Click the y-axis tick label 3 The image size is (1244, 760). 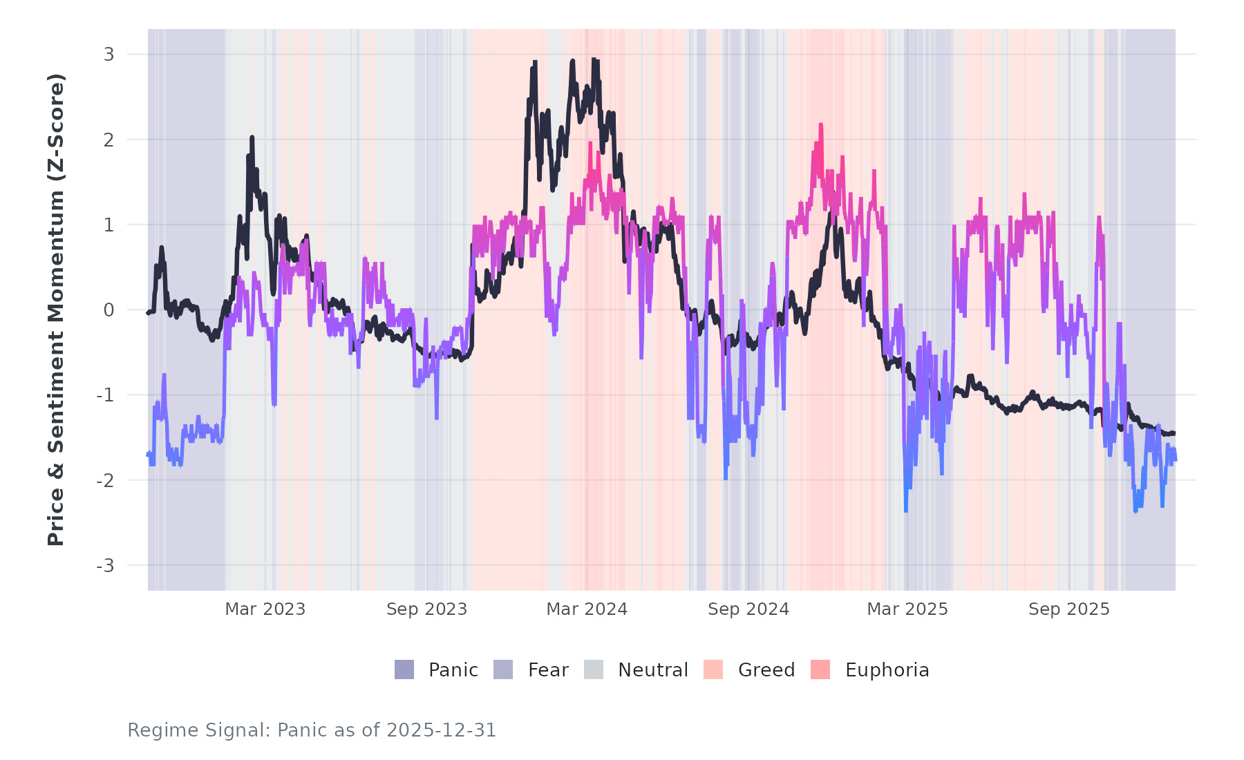click(109, 55)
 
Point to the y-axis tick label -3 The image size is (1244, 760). click(105, 566)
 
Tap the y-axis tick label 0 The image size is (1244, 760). click(109, 310)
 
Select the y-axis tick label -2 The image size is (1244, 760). click(105, 481)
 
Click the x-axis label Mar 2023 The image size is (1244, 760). click(265, 609)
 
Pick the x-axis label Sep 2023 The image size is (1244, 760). click(426, 609)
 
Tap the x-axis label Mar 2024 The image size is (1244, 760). click(587, 609)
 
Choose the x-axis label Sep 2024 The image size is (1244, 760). click(748, 609)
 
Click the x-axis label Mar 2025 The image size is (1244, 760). click(907, 609)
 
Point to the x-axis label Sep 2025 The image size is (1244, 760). click(1068, 609)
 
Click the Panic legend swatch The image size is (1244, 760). click(404, 669)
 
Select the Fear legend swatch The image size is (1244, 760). click(503, 669)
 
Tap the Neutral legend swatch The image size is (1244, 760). click(594, 669)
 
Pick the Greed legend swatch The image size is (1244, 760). click(713, 669)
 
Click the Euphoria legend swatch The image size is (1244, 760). click(820, 669)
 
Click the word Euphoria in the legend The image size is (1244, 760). click(887, 670)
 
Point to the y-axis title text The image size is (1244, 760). click(56, 310)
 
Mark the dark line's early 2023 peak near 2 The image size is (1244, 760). click(252, 138)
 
